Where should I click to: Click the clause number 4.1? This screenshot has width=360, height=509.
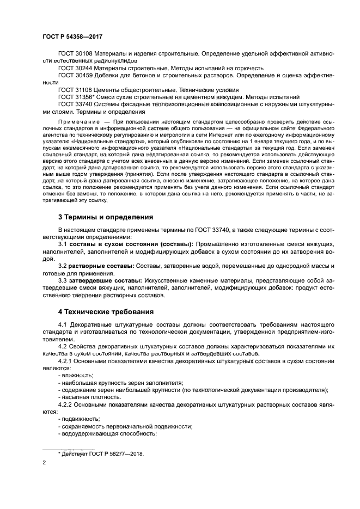[62, 325]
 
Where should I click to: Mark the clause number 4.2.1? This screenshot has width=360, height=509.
[65, 361]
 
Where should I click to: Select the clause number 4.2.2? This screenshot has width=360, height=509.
[65, 404]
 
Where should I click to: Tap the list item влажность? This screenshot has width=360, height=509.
[77, 376]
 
